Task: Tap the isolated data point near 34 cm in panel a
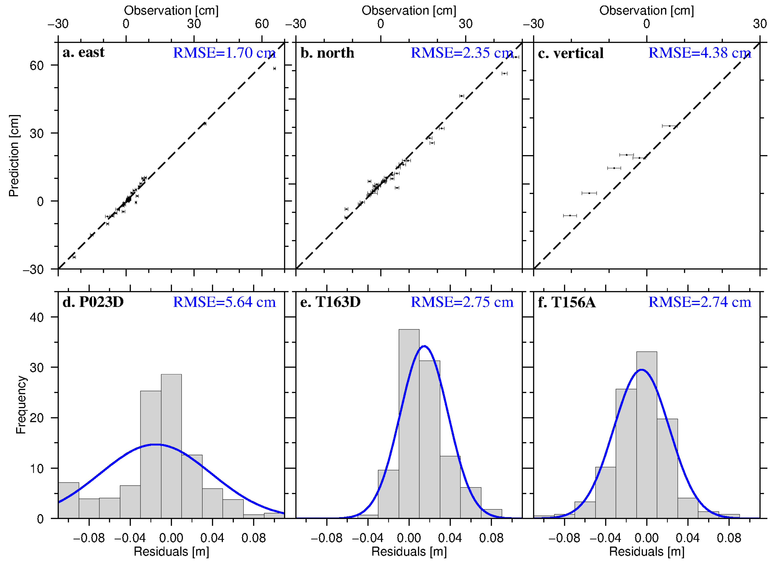[x=205, y=124]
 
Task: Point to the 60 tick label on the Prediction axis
[x=37, y=65]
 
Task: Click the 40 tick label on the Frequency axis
[x=37, y=317]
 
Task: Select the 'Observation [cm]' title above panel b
[x=409, y=11]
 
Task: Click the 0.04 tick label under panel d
[x=212, y=538]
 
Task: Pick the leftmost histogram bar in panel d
[x=68, y=500]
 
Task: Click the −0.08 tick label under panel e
[x=327, y=538]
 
